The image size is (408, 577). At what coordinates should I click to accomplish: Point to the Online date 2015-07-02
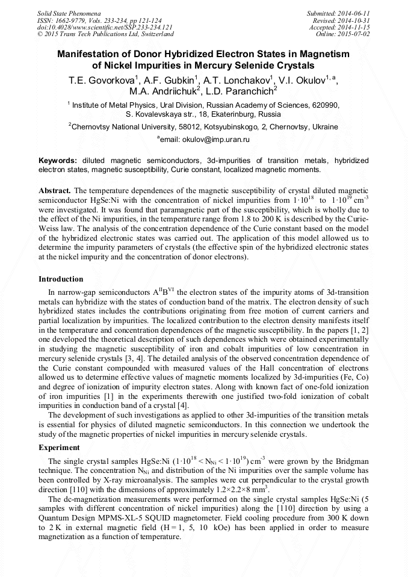355,34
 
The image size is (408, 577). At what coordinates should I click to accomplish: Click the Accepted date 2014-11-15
355,27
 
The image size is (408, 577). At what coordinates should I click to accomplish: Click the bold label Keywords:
58,161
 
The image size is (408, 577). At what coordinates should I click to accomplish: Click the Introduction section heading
61,279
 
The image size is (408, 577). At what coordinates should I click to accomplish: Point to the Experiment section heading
59,448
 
